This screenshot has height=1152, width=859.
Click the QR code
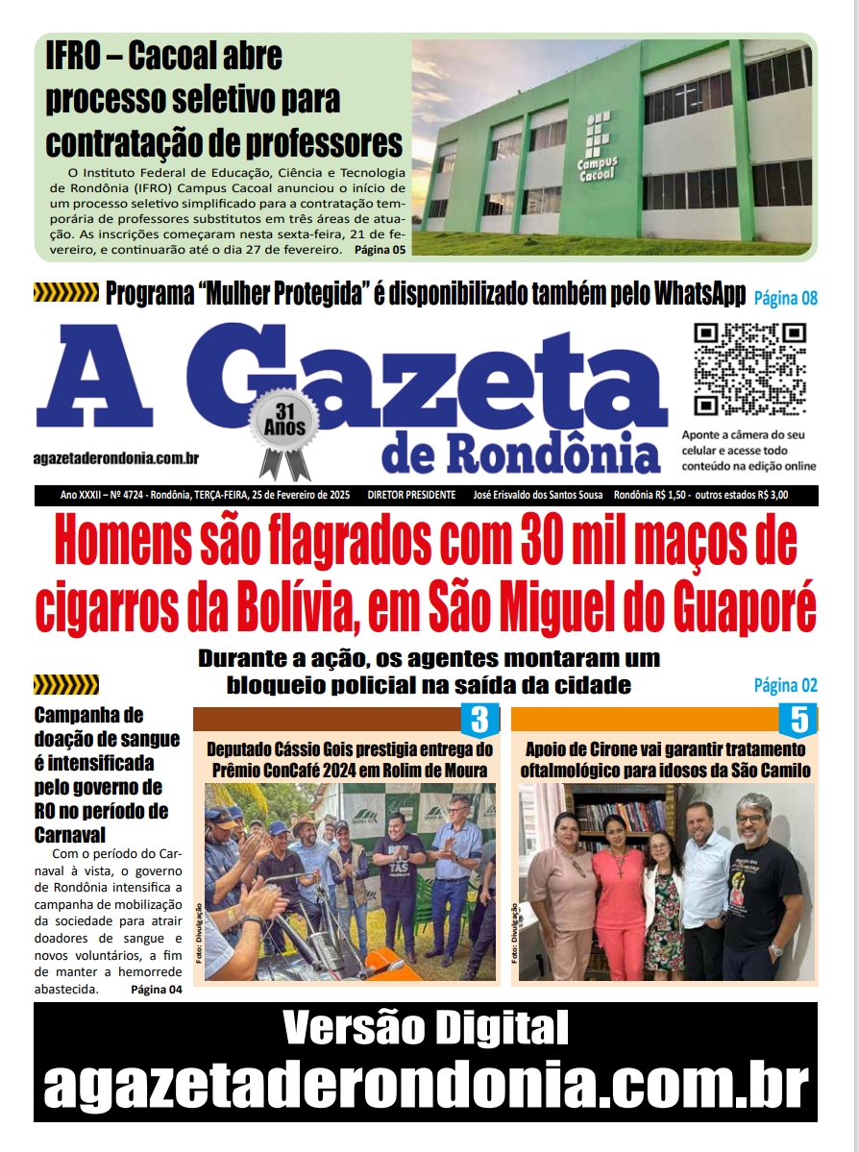749,368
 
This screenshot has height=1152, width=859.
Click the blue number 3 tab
480,720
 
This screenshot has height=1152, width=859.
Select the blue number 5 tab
798,720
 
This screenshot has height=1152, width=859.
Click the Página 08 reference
785,297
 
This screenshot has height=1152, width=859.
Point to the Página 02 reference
785,685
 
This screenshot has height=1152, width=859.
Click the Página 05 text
380,250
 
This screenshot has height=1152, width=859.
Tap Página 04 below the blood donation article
156,990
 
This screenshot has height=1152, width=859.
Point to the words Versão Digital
425,1029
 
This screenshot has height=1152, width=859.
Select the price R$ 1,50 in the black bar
678,496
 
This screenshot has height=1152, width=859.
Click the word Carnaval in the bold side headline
69,835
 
